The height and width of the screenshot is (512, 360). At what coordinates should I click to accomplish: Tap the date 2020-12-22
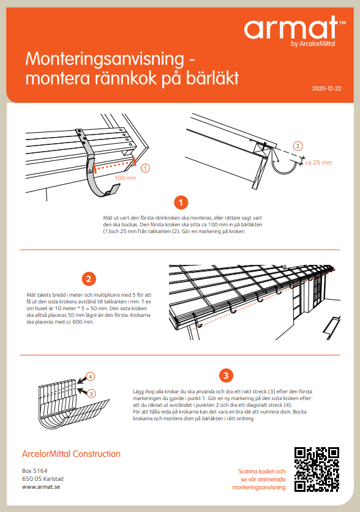click(x=327, y=89)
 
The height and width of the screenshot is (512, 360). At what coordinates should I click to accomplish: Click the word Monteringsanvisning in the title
click(x=105, y=59)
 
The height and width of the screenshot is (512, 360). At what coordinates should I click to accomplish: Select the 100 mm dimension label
click(x=125, y=178)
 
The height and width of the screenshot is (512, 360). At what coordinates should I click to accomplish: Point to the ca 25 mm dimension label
click(x=318, y=163)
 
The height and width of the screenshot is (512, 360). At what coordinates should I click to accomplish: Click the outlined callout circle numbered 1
click(x=145, y=168)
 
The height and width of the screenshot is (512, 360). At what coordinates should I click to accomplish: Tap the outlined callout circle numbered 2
click(x=298, y=146)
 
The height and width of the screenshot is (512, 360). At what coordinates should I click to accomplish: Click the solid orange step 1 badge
click(x=181, y=202)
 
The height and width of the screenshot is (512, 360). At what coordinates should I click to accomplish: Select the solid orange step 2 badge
click(x=89, y=279)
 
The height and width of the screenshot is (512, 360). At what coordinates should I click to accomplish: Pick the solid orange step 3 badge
click(x=226, y=376)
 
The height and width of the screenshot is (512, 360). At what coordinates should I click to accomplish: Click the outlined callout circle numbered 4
click(x=91, y=376)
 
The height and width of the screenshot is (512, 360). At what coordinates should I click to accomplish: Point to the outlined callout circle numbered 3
click(x=91, y=394)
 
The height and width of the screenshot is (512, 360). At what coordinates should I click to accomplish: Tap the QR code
click(x=317, y=470)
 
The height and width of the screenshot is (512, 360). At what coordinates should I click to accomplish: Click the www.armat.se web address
click(x=41, y=487)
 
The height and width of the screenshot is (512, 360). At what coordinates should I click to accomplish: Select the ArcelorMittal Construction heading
click(x=71, y=454)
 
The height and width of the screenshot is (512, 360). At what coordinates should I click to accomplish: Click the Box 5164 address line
click(x=35, y=471)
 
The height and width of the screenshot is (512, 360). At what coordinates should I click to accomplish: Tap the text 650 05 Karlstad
click(x=43, y=479)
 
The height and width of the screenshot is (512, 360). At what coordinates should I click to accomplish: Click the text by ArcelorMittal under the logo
click(x=313, y=44)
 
